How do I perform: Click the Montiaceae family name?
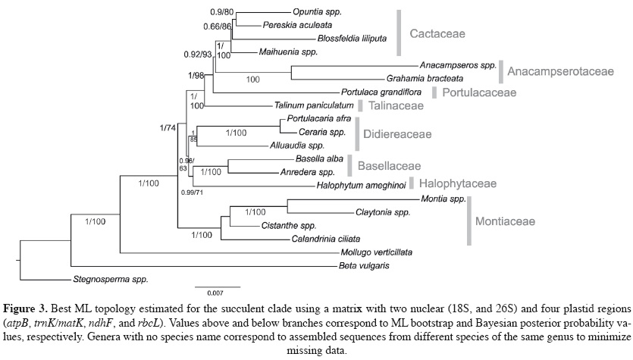[505, 221]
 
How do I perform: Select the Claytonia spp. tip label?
[382, 213]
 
